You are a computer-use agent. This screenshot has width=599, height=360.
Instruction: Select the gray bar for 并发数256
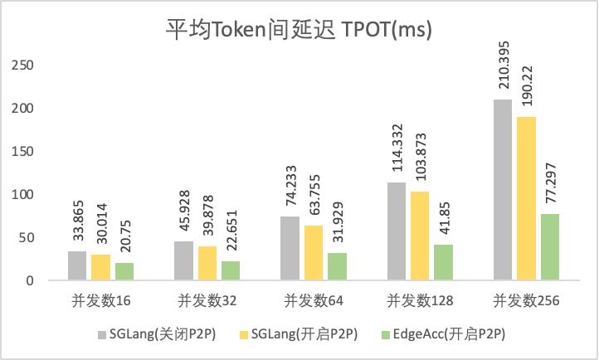(503, 190)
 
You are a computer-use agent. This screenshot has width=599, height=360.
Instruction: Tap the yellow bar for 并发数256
(527, 199)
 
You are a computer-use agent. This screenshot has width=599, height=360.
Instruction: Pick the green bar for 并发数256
(550, 247)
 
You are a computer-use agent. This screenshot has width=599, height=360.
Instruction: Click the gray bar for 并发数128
(397, 231)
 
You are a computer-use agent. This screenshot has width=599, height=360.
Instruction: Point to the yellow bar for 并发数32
(207, 263)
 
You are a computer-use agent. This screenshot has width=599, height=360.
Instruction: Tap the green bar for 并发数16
(124, 271)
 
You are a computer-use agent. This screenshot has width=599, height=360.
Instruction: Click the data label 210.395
(503, 72)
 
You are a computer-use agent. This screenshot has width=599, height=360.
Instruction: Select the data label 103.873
(421, 163)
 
